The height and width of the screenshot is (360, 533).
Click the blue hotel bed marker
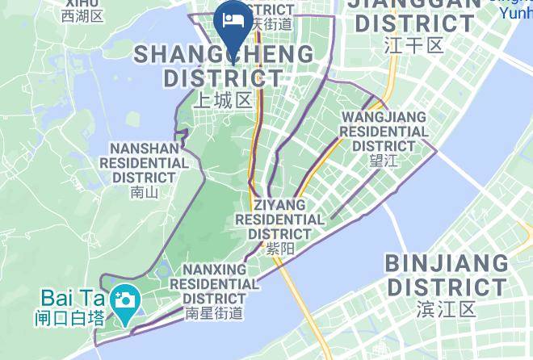233,22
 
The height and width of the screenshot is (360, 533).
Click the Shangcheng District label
224,66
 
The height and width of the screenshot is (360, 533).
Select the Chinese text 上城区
224,100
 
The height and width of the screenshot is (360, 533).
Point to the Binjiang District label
447,275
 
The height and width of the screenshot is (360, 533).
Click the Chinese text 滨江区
447,309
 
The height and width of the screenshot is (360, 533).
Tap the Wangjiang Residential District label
384,131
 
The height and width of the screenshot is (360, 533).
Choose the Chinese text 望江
384,161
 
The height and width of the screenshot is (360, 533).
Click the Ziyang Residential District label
279,219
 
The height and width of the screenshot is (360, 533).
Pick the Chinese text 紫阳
279,250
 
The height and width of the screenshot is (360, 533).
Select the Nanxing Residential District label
214,283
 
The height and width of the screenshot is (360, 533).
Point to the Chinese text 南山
143,192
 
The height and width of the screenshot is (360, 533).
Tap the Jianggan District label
414,15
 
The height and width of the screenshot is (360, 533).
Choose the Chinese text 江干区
414,44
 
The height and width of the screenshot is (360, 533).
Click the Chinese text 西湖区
82,15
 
